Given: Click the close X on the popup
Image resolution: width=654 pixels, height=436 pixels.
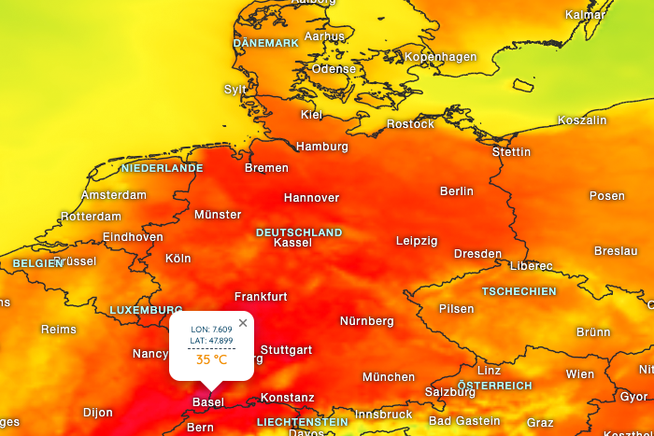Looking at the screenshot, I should (x=243, y=323).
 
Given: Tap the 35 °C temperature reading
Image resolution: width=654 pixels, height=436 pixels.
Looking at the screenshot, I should (x=211, y=359).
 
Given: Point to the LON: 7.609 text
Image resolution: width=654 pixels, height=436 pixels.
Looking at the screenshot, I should (x=211, y=330).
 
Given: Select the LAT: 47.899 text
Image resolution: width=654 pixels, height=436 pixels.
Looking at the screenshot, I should (x=211, y=341).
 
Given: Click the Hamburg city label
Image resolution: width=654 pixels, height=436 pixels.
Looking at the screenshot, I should (x=321, y=147).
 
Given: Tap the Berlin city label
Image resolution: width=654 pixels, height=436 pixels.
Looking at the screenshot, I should (x=457, y=191).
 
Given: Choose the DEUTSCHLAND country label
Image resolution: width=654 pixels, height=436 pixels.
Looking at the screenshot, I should (x=299, y=232).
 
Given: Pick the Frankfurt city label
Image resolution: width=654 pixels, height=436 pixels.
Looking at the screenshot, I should (x=261, y=297).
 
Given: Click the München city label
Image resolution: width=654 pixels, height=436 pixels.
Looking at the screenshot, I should (x=389, y=377).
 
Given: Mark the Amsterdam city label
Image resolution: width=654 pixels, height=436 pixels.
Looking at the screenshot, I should (x=114, y=195).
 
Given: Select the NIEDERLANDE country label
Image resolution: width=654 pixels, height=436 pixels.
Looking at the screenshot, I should (x=162, y=169).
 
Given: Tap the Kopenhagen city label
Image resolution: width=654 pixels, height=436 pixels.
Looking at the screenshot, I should (x=441, y=58).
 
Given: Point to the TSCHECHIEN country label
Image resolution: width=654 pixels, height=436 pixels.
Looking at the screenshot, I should (x=519, y=292).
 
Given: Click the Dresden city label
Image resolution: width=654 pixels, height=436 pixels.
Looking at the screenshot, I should (x=477, y=254).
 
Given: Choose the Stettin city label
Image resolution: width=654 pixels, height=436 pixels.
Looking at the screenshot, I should (x=511, y=152).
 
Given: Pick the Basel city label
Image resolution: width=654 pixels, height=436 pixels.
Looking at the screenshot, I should (x=207, y=402).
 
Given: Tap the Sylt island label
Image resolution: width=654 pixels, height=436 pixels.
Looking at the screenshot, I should (x=235, y=90).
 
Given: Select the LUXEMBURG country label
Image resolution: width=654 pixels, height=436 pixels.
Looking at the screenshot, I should (x=146, y=310).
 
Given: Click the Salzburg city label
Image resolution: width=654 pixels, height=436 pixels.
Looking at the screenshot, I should (x=450, y=392).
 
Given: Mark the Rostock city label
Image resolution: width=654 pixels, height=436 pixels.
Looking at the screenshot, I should (x=410, y=124).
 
